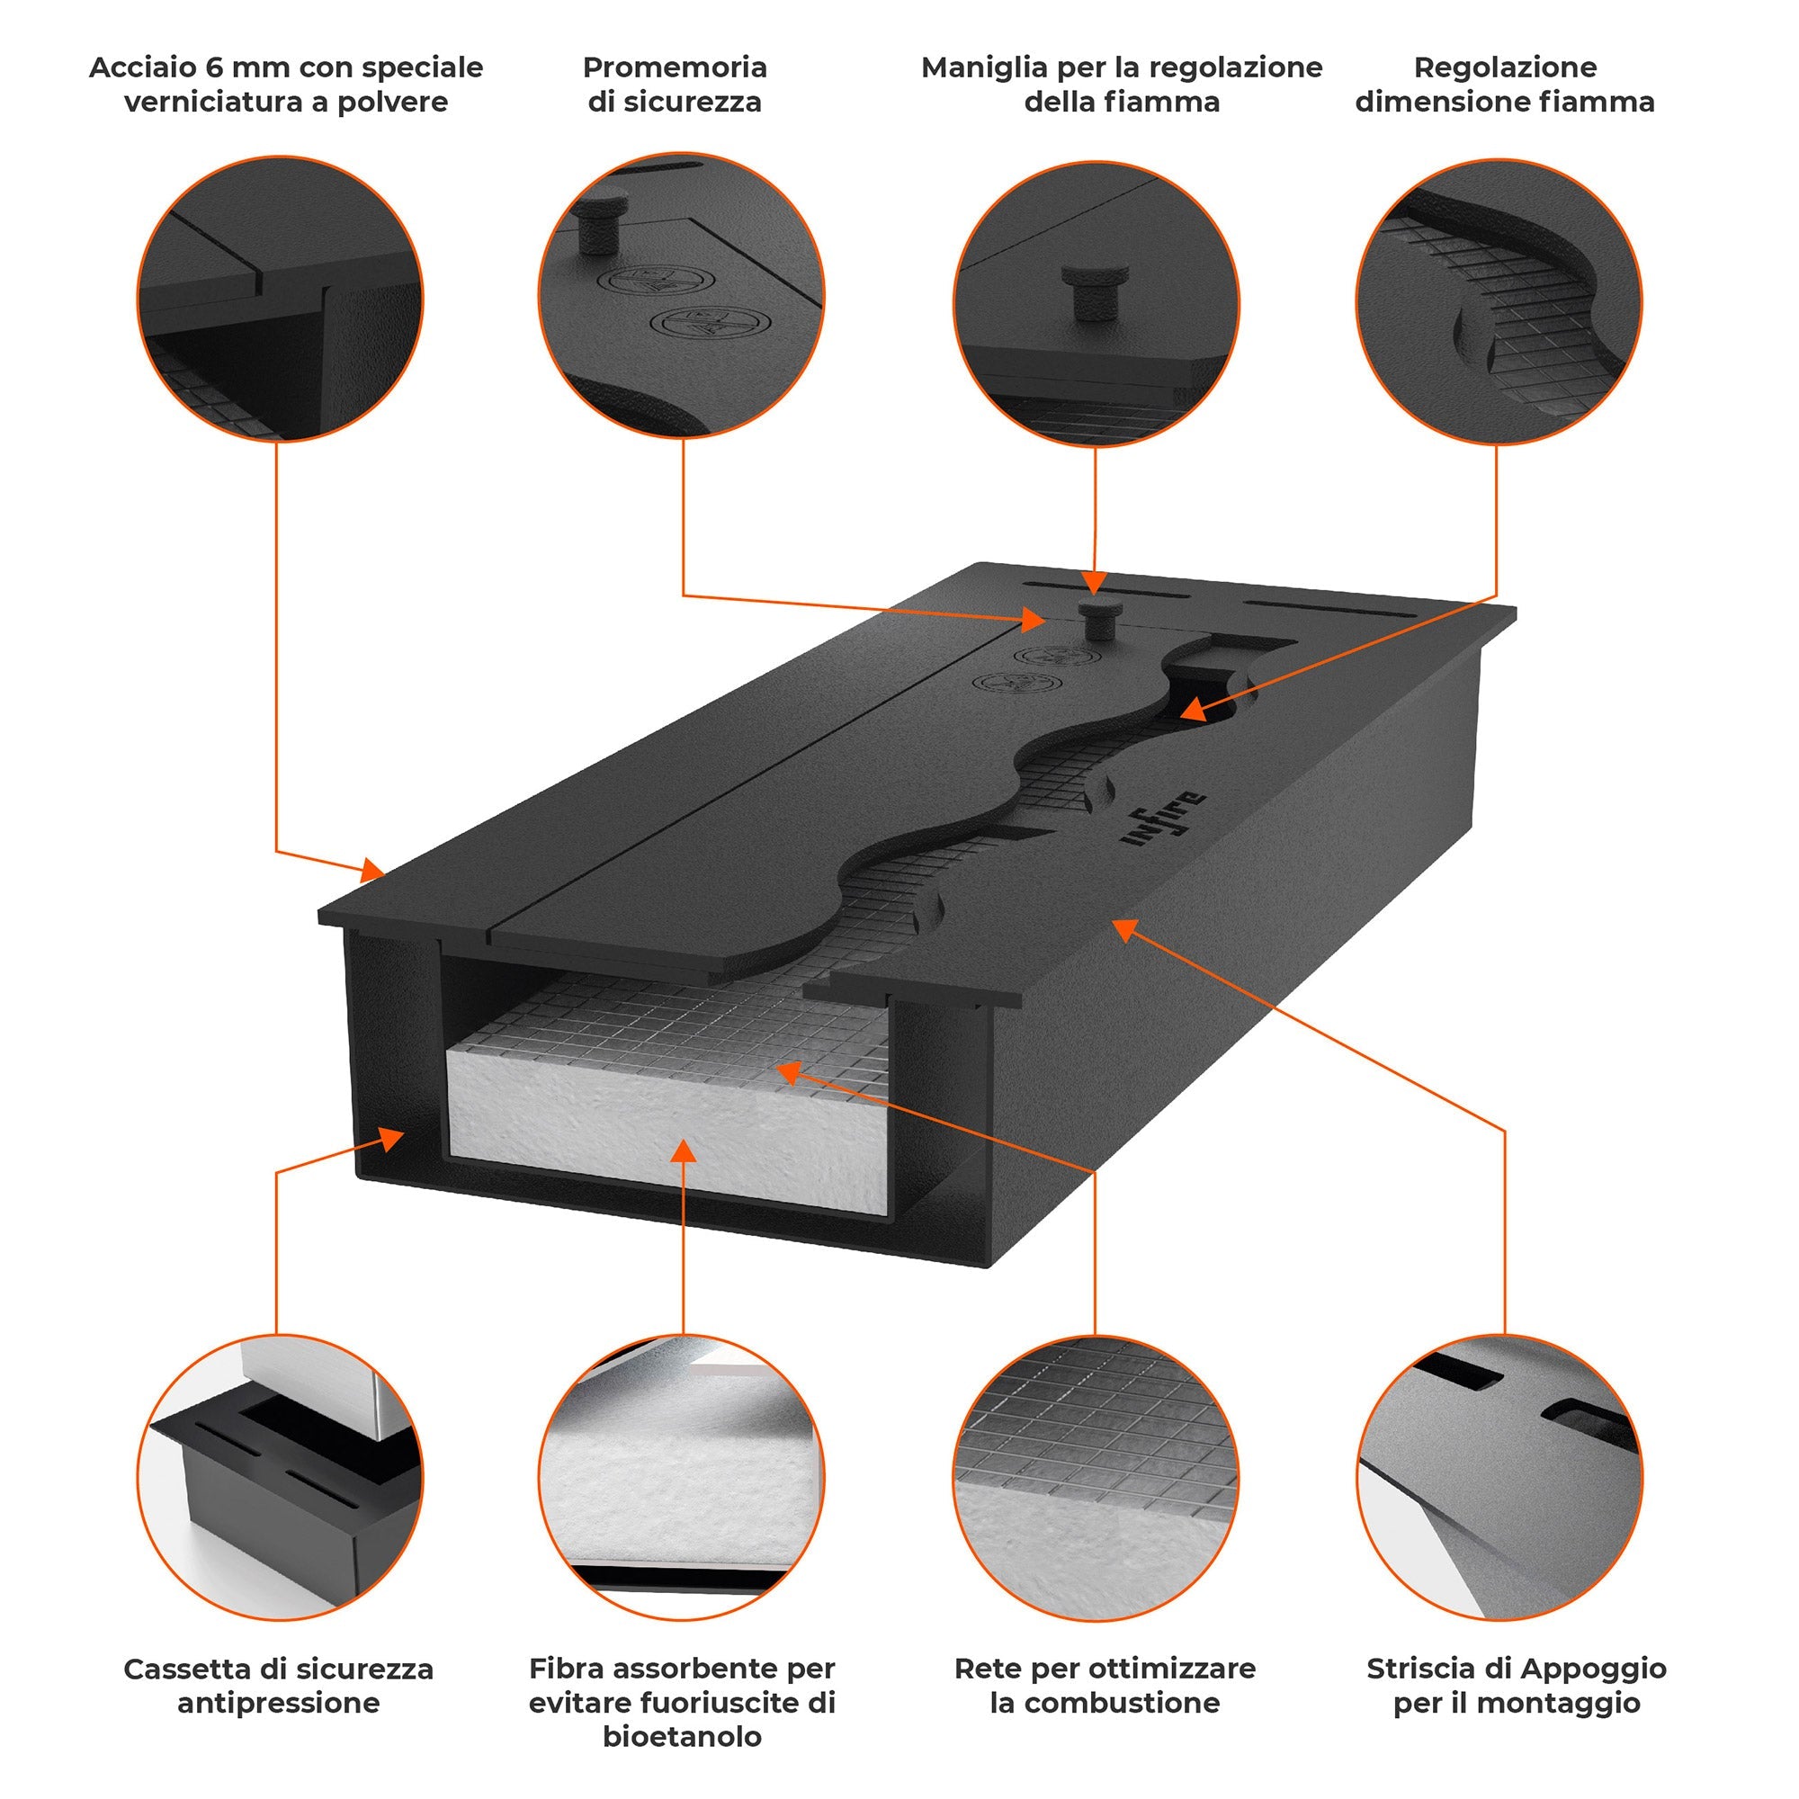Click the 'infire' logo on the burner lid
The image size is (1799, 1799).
click(x=1165, y=819)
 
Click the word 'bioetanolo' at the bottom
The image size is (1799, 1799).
click(x=682, y=1737)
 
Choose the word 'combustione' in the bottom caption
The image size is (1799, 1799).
click(x=1105, y=1703)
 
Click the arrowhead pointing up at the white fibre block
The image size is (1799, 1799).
click(x=684, y=1151)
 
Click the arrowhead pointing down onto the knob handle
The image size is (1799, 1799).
click(x=1095, y=585)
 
